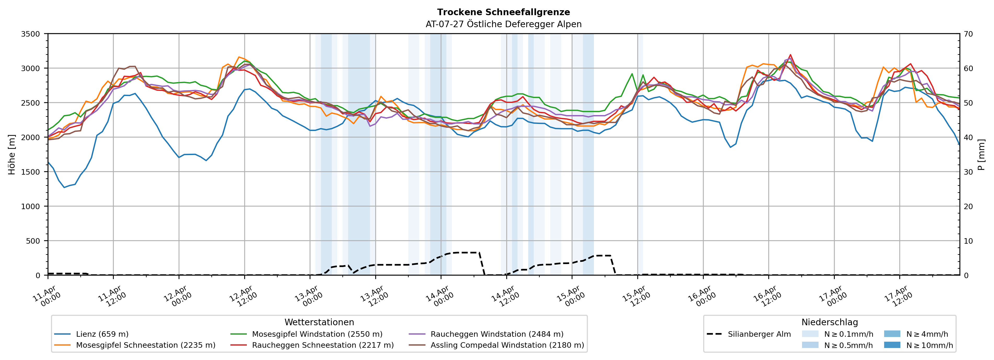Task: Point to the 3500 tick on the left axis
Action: tap(31, 34)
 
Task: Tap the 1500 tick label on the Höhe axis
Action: tap(31, 172)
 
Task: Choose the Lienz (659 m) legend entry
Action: tap(102, 334)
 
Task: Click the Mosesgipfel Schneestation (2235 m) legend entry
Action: tap(145, 345)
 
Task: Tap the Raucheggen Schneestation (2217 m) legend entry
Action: tap(323, 345)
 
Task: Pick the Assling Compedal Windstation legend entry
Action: tap(507, 345)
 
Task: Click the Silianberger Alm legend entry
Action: tap(759, 334)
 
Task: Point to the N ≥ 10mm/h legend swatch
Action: tap(892, 345)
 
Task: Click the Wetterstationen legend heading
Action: tap(319, 322)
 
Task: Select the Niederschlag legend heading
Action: tap(830, 322)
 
